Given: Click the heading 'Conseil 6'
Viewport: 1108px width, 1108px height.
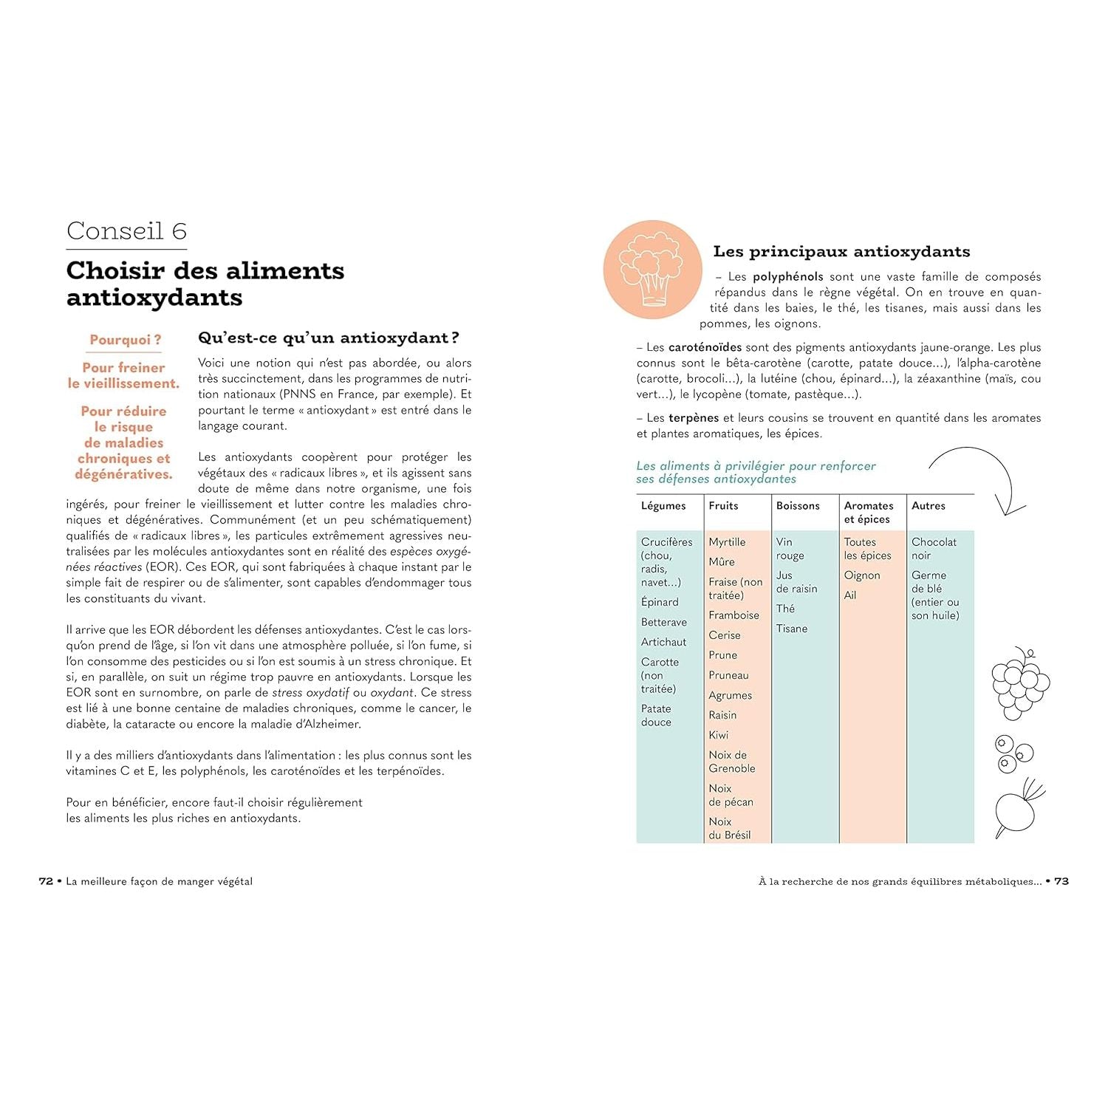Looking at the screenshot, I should tap(126, 231).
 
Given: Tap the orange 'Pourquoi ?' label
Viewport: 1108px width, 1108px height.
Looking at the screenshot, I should tap(125, 340).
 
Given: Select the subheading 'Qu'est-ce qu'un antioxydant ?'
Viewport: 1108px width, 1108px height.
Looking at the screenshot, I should tap(329, 338).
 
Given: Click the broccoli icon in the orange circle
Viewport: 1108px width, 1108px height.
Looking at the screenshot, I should tap(652, 269).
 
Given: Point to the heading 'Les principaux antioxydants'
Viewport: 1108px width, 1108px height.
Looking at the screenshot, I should tap(841, 252).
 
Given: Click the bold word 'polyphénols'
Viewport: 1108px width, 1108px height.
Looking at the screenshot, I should tap(787, 277).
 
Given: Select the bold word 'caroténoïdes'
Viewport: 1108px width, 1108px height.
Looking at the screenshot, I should tap(705, 347).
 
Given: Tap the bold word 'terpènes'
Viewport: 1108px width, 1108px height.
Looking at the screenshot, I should tap(694, 418).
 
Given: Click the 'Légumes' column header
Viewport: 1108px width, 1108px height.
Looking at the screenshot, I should tap(663, 506).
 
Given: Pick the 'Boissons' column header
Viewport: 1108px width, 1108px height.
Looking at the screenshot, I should tap(798, 506).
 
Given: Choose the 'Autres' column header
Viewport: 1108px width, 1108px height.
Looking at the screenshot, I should tap(929, 506).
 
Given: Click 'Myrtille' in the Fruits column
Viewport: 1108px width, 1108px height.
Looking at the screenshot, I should tap(727, 542).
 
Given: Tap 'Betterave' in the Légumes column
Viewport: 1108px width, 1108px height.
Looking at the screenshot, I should tap(664, 622).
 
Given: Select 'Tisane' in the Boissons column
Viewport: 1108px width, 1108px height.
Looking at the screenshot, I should tap(792, 629).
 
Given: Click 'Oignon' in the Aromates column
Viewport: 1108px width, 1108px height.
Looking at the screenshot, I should tap(862, 575).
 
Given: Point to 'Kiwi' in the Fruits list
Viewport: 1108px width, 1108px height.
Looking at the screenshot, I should tap(719, 735).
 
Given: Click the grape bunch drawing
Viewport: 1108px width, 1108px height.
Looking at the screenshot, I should tap(1020, 684).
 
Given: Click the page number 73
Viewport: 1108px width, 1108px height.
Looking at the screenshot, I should tap(1061, 881).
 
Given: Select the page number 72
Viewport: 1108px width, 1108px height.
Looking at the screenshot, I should tap(46, 881).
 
